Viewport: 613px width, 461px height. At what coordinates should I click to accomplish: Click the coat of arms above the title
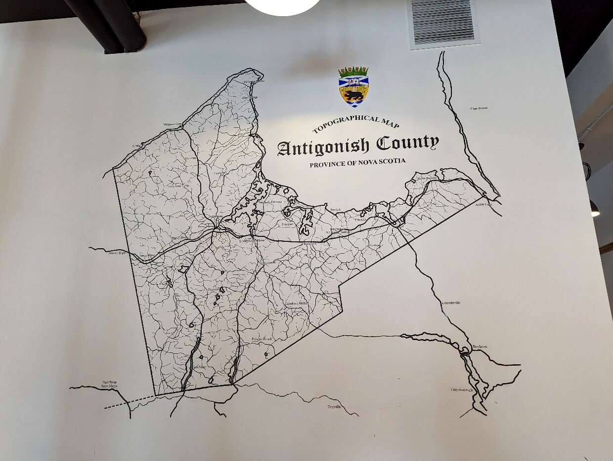click(353, 86)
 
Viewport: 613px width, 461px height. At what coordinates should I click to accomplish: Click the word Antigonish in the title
click(323, 147)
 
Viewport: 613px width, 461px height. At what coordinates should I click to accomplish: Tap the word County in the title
click(407, 144)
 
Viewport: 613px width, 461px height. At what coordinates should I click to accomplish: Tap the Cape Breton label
click(479, 108)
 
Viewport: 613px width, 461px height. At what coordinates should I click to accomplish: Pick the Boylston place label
click(480, 346)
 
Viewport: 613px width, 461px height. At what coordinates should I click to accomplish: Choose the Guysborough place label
click(462, 390)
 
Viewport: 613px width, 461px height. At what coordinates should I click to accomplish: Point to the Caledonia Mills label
click(296, 303)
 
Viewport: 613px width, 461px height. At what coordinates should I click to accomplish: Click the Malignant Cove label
click(173, 124)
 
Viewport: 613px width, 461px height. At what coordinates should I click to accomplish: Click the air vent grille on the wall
click(443, 22)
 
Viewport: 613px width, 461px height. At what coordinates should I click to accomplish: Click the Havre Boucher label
click(428, 178)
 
